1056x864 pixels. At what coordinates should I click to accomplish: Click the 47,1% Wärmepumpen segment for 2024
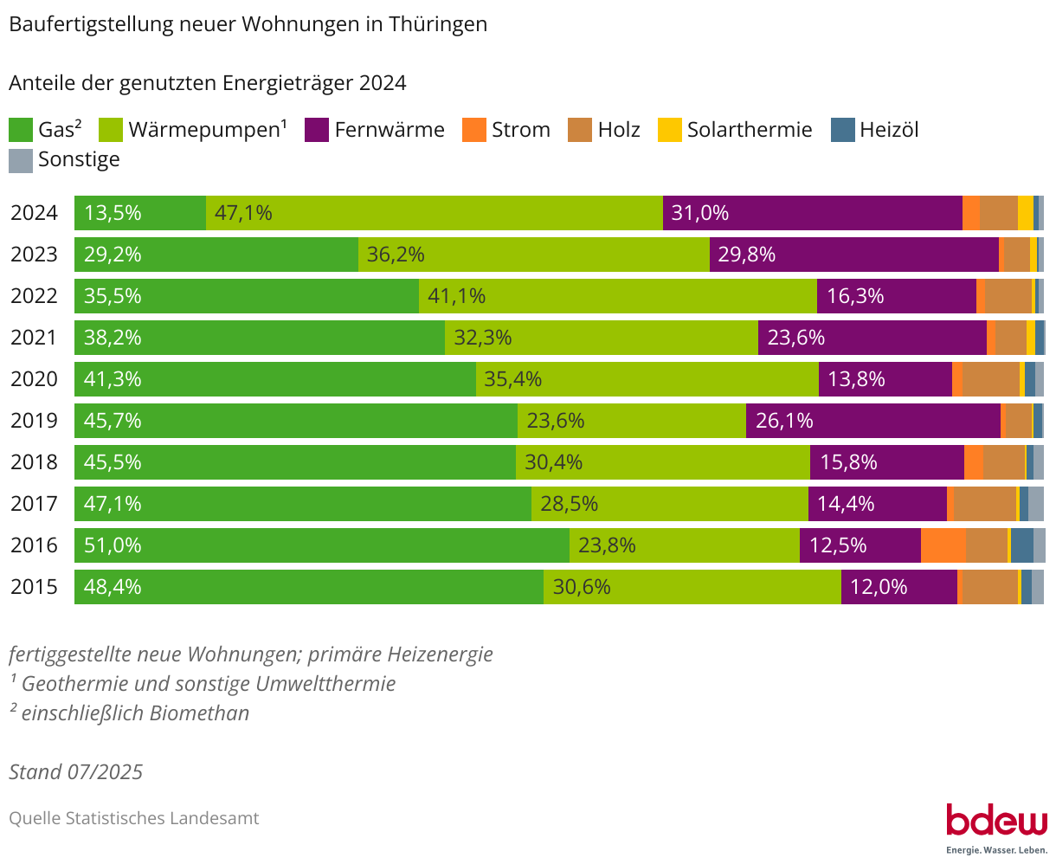[434, 213]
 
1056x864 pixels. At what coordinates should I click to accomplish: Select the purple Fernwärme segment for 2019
[872, 421]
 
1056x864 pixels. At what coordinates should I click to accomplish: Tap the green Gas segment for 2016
[321, 545]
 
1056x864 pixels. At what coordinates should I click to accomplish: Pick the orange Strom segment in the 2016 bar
[943, 545]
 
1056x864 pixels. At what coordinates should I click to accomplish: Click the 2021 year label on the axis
[34, 338]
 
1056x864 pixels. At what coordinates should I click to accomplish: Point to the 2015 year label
[34, 587]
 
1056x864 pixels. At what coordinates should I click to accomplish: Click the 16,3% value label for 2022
[855, 296]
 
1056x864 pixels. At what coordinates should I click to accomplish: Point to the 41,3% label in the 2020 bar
[113, 379]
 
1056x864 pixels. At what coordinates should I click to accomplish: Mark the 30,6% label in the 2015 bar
[582, 587]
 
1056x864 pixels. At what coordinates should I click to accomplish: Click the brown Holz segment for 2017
[984, 504]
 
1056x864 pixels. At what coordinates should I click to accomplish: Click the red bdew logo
[996, 820]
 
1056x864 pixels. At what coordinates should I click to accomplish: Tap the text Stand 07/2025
[76, 771]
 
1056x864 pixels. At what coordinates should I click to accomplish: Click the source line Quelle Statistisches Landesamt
[134, 818]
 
